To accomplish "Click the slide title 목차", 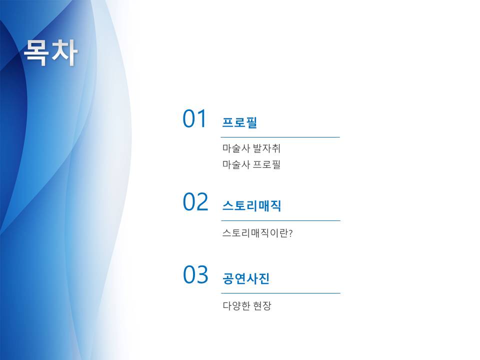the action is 51,52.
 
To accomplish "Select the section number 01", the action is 194,118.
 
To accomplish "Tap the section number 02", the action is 195,201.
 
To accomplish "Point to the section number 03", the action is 195,274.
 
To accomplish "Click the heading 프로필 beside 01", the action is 239,122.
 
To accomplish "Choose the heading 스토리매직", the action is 251,205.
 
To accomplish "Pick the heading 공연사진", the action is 246,278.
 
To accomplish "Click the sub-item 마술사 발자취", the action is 251,148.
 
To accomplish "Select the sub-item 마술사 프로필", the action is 251,164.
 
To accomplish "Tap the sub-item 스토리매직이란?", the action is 257,233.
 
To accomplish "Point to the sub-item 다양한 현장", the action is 247,305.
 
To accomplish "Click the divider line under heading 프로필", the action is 280,137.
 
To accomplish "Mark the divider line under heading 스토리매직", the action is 280,220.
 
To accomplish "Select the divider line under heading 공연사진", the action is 280,293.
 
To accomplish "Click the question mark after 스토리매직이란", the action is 290,233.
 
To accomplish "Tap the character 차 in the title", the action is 64,52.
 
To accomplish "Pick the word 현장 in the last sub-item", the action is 262,305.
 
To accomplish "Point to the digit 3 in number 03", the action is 202,274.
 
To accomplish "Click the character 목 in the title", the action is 36,52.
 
